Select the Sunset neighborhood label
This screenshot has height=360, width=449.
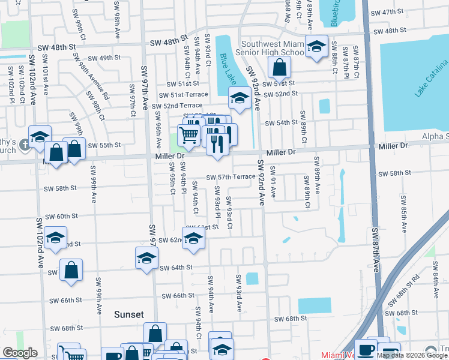(129, 314)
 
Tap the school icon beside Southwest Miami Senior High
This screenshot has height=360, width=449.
(316, 46)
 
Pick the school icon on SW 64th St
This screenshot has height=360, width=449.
(146, 259)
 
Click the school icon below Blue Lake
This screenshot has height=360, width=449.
(240, 98)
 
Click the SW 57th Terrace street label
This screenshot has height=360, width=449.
(231, 178)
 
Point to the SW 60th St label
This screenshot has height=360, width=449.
(61, 216)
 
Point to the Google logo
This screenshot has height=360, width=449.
(20, 353)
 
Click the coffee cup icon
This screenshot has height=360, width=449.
(366, 350)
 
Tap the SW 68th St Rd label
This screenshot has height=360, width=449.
(402, 295)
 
